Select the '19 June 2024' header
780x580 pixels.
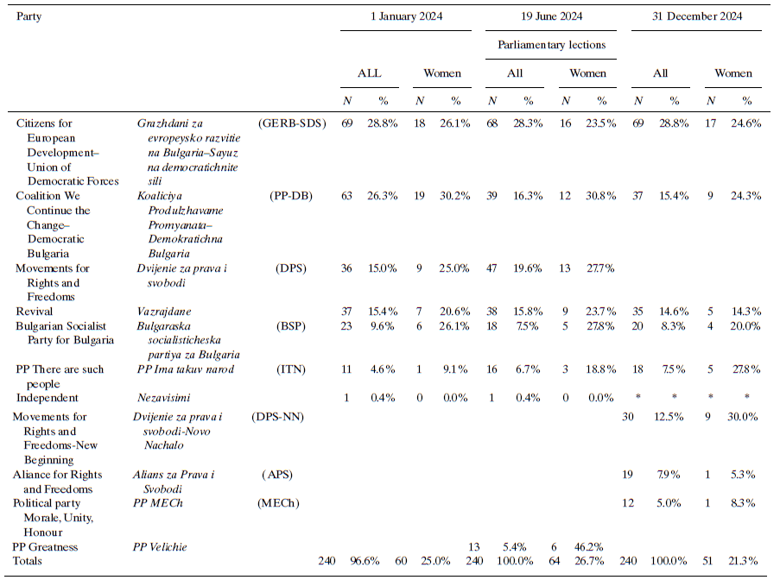click(551, 16)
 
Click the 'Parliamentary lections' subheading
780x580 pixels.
click(551, 44)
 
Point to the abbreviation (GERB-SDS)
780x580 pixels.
click(291, 123)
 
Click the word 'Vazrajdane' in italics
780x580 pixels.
click(164, 311)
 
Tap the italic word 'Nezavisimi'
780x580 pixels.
click(164, 398)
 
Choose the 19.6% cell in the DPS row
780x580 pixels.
click(526, 268)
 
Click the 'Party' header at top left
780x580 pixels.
click(29, 16)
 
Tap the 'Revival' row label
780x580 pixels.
click(34, 311)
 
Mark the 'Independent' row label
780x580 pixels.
click(47, 398)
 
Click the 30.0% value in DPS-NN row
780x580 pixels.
click(744, 417)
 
